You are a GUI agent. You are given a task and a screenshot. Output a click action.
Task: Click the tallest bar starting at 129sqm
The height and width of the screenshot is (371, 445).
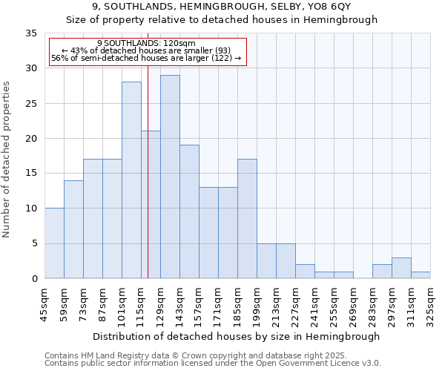[x=170, y=177]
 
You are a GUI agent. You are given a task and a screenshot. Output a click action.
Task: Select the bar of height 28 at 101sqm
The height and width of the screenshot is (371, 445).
[x=131, y=180]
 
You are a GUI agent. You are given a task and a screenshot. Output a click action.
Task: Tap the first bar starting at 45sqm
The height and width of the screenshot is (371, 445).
[x=54, y=243]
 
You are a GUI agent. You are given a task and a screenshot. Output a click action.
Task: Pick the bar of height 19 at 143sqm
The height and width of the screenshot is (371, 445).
[x=189, y=211]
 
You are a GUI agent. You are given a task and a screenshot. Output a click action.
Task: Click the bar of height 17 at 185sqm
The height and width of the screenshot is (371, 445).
[x=247, y=219]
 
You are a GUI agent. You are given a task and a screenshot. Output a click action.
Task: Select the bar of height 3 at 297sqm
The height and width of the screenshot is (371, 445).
[x=401, y=268]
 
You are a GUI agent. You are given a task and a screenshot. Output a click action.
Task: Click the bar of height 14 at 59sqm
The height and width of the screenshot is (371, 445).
[x=73, y=229]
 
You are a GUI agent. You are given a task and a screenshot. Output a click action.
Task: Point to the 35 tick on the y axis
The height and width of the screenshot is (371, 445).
[x=30, y=33]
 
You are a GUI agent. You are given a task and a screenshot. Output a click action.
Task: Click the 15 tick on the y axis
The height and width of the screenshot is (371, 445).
[x=30, y=174]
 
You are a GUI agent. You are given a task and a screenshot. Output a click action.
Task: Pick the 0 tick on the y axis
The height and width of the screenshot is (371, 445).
[x=33, y=279]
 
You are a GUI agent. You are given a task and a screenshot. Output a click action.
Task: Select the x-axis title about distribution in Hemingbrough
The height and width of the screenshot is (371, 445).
[x=237, y=336]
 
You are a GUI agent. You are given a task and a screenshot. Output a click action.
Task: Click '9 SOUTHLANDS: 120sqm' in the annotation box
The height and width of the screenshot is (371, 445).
[x=146, y=43]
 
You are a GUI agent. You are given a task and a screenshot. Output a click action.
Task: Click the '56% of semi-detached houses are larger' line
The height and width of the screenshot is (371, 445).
[x=146, y=58]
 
